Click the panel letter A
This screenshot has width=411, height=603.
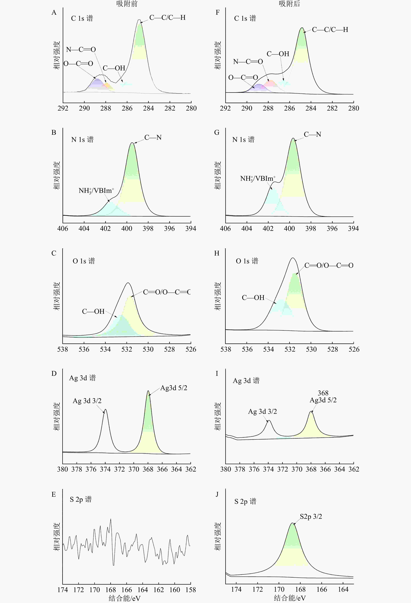54,12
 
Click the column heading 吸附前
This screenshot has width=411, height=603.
127,4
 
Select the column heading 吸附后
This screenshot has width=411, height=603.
289,4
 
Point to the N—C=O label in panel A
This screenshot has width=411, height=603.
81,50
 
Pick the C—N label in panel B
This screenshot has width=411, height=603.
153,138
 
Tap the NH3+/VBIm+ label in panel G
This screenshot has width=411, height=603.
258,178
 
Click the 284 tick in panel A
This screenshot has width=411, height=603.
148,108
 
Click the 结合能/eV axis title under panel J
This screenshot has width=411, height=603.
290,598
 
